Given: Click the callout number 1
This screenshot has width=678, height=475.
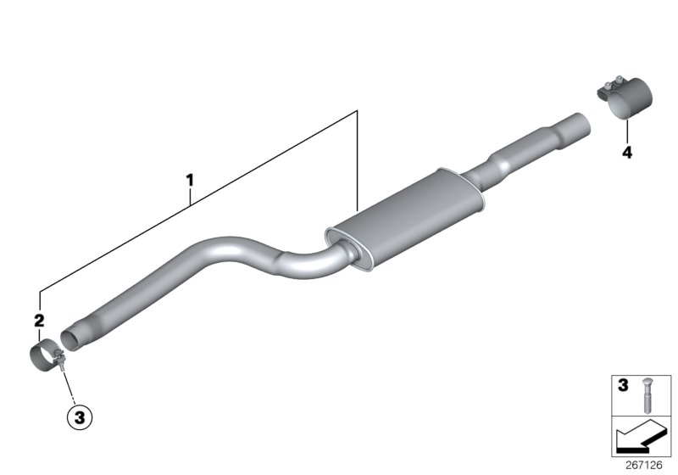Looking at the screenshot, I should click(191, 180).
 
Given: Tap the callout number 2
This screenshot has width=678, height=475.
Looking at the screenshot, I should click(38, 320).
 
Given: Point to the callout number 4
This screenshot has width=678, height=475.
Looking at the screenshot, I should click(626, 153).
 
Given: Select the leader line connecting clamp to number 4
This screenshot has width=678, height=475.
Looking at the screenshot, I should click(626, 131).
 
